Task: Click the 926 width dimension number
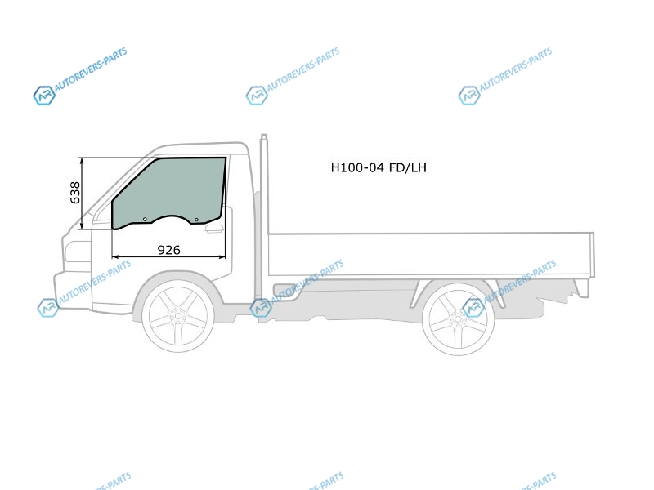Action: pos(169,250)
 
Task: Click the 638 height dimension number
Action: pos(75,193)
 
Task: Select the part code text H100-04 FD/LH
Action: pos(379,167)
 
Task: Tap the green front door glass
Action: pos(169,189)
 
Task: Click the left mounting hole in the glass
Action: pos(145,219)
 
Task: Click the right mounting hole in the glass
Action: pos(196,220)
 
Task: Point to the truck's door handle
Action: pos(214,229)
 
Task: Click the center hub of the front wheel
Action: pos(178,316)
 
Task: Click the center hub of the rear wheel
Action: pos(458,319)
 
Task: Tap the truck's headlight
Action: pos(78,252)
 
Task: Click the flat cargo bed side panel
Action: pos(431,254)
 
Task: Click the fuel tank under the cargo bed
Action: pos(288,291)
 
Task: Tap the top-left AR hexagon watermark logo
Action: pos(44,96)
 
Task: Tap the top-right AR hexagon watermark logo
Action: pos(468,96)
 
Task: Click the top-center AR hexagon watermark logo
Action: pos(257,96)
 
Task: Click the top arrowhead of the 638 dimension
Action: pos(83,161)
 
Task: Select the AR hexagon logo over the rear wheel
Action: pos(473,308)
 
